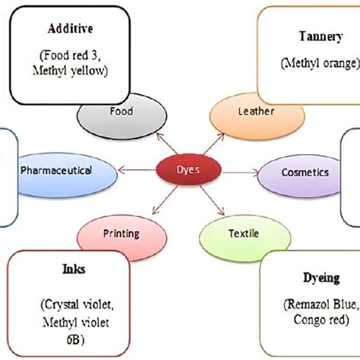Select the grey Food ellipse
click(x=121, y=112)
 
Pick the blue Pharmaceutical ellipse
click(x=67, y=171)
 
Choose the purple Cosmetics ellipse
click(x=303, y=172)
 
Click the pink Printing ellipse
click(x=122, y=233)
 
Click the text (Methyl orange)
click(x=309, y=62)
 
